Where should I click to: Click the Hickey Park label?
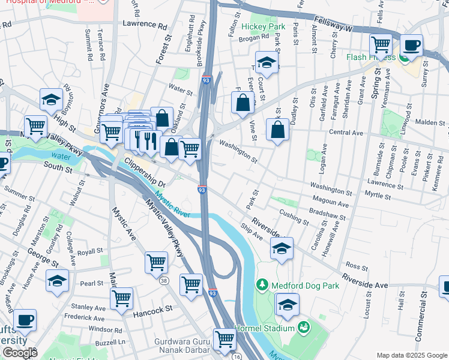(x=264, y=27)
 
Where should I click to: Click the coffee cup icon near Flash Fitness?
(x=412, y=45)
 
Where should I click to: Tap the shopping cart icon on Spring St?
(x=381, y=44)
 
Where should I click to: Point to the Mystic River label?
(x=172, y=205)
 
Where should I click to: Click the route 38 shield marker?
(x=164, y=280)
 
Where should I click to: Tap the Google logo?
(x=20, y=353)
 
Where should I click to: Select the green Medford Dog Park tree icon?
(x=262, y=284)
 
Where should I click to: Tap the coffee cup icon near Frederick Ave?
(x=25, y=320)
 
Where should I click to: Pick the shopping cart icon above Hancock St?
(x=121, y=298)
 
